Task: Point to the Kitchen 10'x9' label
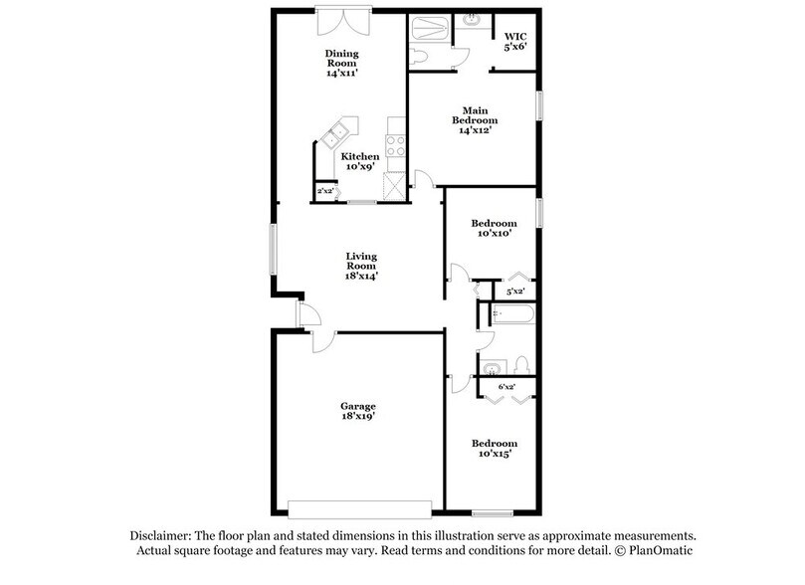(359, 162)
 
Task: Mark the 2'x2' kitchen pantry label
(323, 190)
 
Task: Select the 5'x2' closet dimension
(515, 292)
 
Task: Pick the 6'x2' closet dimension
(506, 385)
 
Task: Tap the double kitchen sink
(339, 132)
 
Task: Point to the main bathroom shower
(430, 27)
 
